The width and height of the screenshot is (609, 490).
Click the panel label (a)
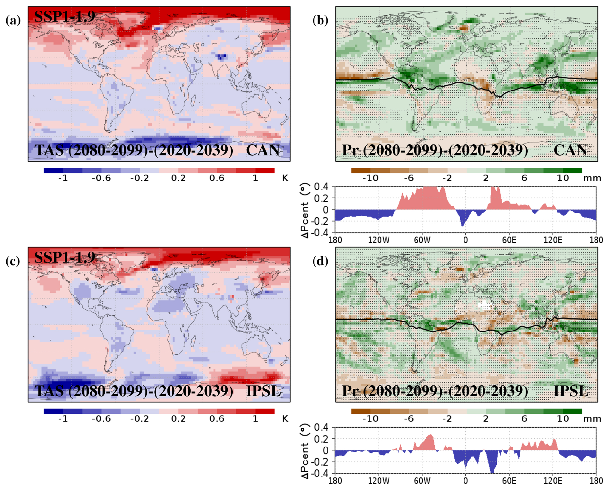pyautogui.click(x=13, y=20)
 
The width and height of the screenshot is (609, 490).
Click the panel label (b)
pyautogui.click(x=320, y=20)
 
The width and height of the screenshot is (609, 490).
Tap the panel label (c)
pyautogui.click(x=13, y=261)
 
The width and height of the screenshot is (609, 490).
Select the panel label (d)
pyautogui.click(x=320, y=261)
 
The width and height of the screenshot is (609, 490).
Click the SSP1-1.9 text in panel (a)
pyautogui.click(x=64, y=16)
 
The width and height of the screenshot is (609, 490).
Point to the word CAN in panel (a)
pyautogui.click(x=263, y=150)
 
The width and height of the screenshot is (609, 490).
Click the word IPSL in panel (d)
pyautogui.click(x=571, y=391)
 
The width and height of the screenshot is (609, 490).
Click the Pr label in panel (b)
pyautogui.click(x=351, y=150)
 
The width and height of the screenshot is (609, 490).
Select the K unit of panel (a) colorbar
pyautogui.click(x=285, y=178)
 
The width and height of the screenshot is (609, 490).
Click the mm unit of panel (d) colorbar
pyautogui.click(x=592, y=419)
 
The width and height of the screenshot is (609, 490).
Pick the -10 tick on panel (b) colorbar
pyautogui.click(x=370, y=178)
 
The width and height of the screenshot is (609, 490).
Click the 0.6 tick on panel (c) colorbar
pyautogui.click(x=217, y=419)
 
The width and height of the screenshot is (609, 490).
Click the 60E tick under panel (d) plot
pyautogui.click(x=509, y=481)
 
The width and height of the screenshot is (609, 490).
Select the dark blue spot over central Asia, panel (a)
pyautogui.click(x=221, y=57)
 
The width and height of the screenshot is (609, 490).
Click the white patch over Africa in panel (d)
pyautogui.click(x=484, y=304)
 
